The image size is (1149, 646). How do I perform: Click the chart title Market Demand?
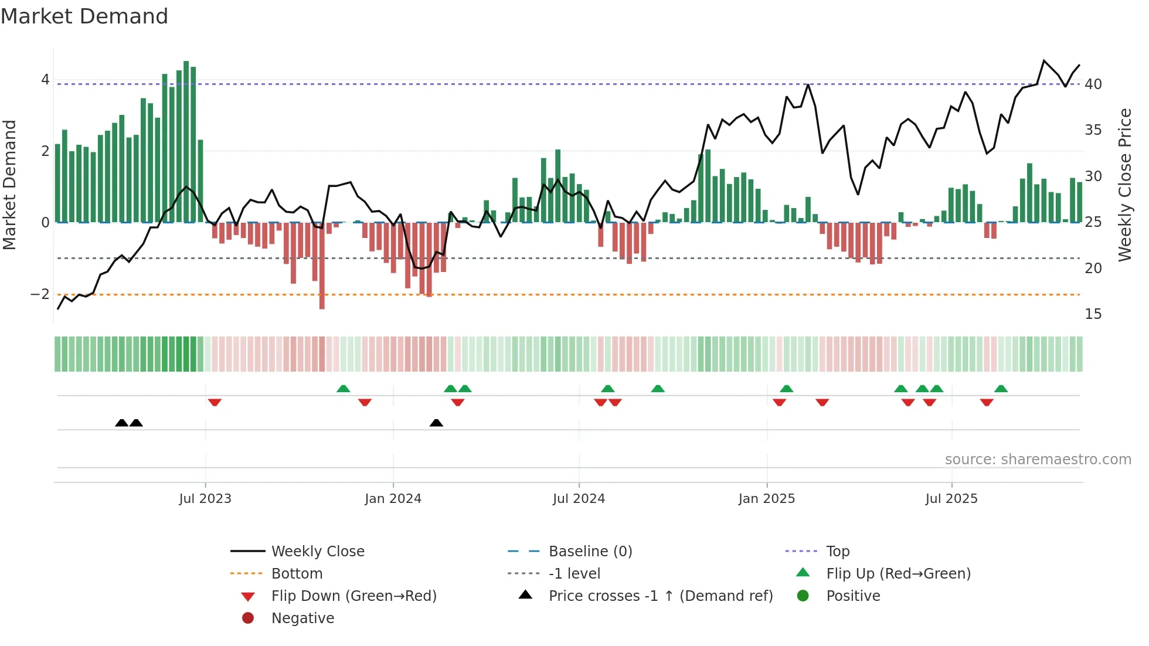pyautogui.click(x=84, y=16)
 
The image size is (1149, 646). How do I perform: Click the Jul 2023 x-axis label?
pyautogui.click(x=205, y=499)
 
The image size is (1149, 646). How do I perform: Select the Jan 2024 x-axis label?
pyautogui.click(x=393, y=499)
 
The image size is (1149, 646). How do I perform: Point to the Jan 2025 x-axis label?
pyautogui.click(x=766, y=499)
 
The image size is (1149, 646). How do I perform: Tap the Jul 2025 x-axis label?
pyautogui.click(x=951, y=499)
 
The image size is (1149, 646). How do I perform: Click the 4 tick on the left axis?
pyautogui.click(x=45, y=80)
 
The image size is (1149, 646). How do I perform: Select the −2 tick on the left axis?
pyautogui.click(x=40, y=294)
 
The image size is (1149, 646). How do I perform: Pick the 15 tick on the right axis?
pyautogui.click(x=1093, y=314)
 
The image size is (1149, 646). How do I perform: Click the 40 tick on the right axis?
pyautogui.click(x=1093, y=84)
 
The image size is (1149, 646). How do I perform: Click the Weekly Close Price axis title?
pyautogui.click(x=1124, y=185)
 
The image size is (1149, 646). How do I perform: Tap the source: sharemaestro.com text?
pyautogui.click(x=1038, y=460)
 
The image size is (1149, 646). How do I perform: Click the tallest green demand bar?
pyautogui.click(x=186, y=141)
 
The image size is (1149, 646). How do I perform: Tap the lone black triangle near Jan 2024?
pyautogui.click(x=436, y=423)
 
